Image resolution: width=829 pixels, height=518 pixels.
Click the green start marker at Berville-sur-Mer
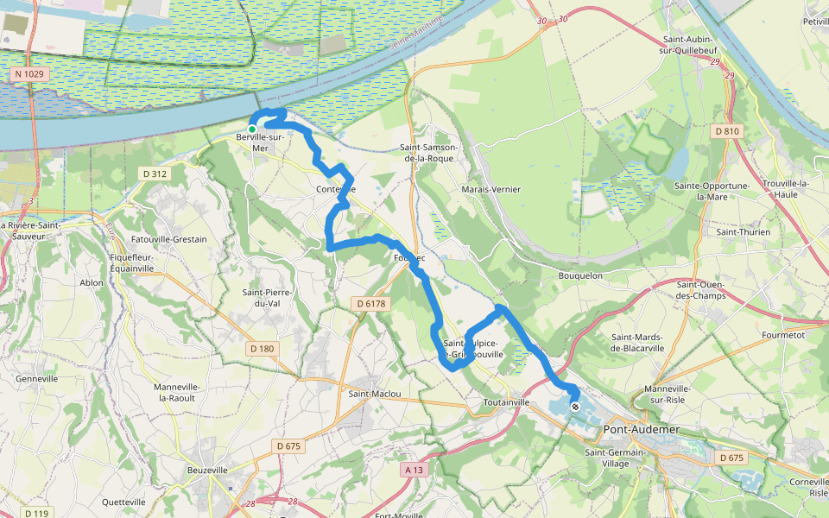(x=252, y=129)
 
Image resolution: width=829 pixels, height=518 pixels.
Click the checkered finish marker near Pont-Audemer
(x=575, y=406)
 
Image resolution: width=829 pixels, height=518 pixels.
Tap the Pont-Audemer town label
(x=642, y=429)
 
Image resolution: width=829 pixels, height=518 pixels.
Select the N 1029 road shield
(x=29, y=75)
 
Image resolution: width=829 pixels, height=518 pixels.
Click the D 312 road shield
(x=153, y=174)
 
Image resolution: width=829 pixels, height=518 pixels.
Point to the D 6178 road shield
(x=370, y=303)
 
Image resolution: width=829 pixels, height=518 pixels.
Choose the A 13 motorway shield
(x=414, y=470)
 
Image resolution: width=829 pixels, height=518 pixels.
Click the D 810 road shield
(x=728, y=131)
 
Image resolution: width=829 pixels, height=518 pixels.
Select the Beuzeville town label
(x=207, y=471)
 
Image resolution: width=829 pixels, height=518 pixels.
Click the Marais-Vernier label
(x=491, y=189)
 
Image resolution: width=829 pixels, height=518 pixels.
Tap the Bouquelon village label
(x=580, y=275)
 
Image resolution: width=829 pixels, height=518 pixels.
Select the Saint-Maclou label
(x=375, y=394)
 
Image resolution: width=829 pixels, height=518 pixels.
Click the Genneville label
(x=36, y=379)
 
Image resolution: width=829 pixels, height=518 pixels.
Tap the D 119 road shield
(x=35, y=513)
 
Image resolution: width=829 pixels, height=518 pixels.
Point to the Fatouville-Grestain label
(x=169, y=239)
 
